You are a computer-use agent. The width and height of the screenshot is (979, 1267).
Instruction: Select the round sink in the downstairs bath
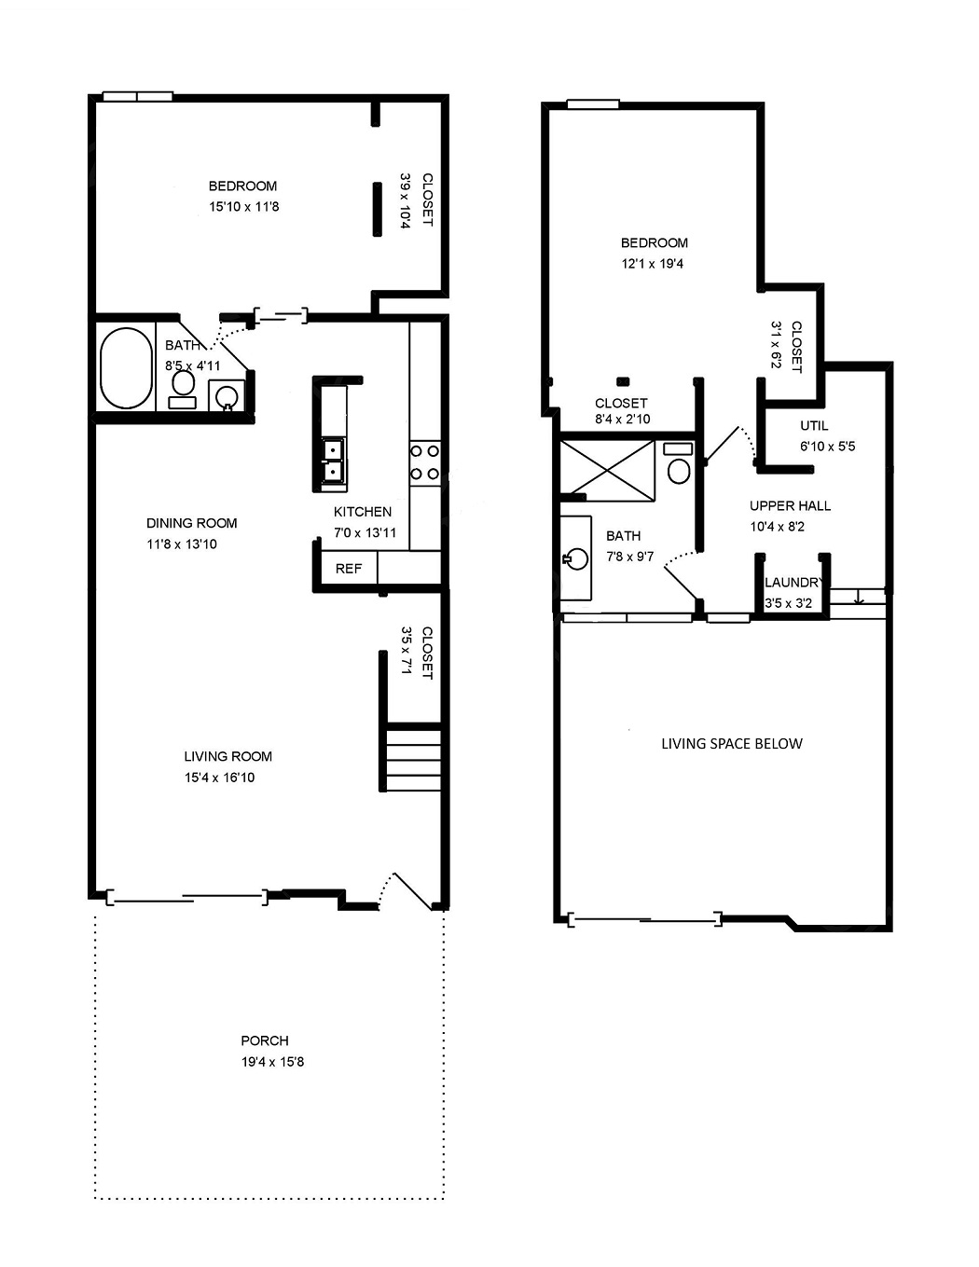[227, 396]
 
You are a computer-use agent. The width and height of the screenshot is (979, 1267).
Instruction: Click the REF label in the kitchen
[349, 569]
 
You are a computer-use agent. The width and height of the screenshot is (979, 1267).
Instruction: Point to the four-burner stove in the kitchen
[424, 462]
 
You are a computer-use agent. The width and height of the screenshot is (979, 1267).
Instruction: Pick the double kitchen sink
[333, 461]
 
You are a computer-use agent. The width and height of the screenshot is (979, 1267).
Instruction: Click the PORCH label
[265, 1040]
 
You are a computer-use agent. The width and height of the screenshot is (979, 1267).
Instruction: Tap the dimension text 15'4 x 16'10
[220, 778]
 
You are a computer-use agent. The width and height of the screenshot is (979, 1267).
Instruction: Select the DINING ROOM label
[192, 523]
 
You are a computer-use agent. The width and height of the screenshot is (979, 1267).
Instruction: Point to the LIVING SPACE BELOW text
[732, 743]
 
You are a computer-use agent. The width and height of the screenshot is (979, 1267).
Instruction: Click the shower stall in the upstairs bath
[608, 471]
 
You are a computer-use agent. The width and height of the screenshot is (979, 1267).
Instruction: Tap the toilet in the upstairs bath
[679, 463]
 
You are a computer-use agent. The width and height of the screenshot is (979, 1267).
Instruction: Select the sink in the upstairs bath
[576, 558]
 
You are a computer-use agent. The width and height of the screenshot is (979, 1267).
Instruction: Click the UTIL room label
[814, 426]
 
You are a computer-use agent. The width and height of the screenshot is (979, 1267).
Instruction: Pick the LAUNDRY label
[793, 583]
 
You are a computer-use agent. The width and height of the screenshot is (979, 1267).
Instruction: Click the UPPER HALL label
[790, 505]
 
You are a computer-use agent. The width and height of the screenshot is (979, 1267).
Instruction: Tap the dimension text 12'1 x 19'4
[653, 264]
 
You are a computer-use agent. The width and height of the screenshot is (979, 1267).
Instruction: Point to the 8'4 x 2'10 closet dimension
[623, 419]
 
